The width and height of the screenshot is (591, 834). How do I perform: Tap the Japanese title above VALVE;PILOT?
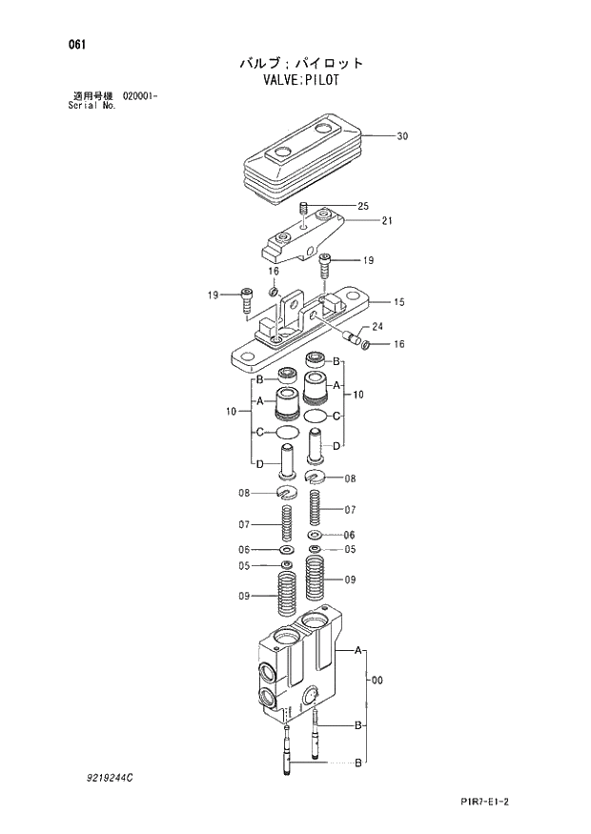(301, 63)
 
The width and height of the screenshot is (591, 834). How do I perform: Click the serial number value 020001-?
(141, 96)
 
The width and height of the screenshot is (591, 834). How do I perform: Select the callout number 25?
(362, 206)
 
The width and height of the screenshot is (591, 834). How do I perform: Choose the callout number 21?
(387, 221)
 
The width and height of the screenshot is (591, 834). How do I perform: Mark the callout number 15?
(399, 302)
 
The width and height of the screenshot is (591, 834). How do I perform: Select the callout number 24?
(377, 326)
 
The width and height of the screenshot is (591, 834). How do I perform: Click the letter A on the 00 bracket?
(358, 650)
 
